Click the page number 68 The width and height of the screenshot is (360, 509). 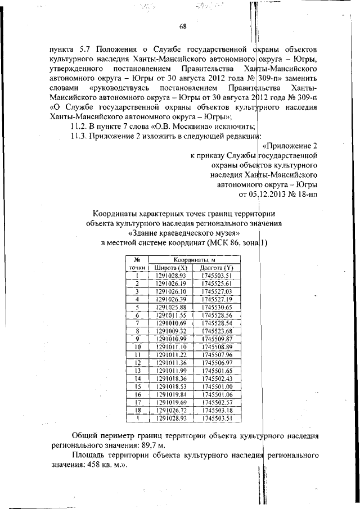point(183,26)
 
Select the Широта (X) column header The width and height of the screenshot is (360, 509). point(170,267)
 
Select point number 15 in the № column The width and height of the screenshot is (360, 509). point(137,386)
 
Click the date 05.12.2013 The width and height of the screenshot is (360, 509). point(267,195)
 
